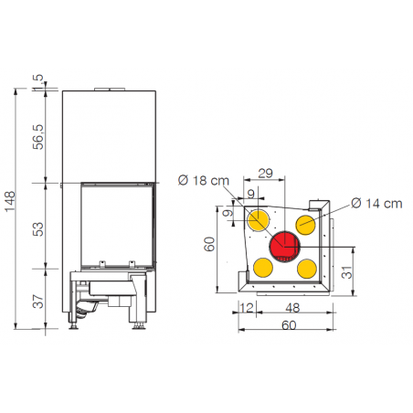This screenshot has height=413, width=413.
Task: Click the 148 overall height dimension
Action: (x=10, y=201)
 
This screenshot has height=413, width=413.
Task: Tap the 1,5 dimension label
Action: (x=38, y=82)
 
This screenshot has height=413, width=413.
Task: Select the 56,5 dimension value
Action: (x=38, y=137)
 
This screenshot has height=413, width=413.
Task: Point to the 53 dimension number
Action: (x=38, y=229)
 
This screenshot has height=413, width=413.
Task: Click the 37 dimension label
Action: (x=38, y=301)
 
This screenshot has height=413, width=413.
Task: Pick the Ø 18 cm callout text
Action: (x=204, y=180)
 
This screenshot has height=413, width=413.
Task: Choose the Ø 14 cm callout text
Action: (x=376, y=204)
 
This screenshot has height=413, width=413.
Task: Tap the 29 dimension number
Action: (x=265, y=174)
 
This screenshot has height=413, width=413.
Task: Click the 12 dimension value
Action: (x=247, y=308)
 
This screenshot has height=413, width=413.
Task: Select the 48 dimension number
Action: (x=292, y=308)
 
